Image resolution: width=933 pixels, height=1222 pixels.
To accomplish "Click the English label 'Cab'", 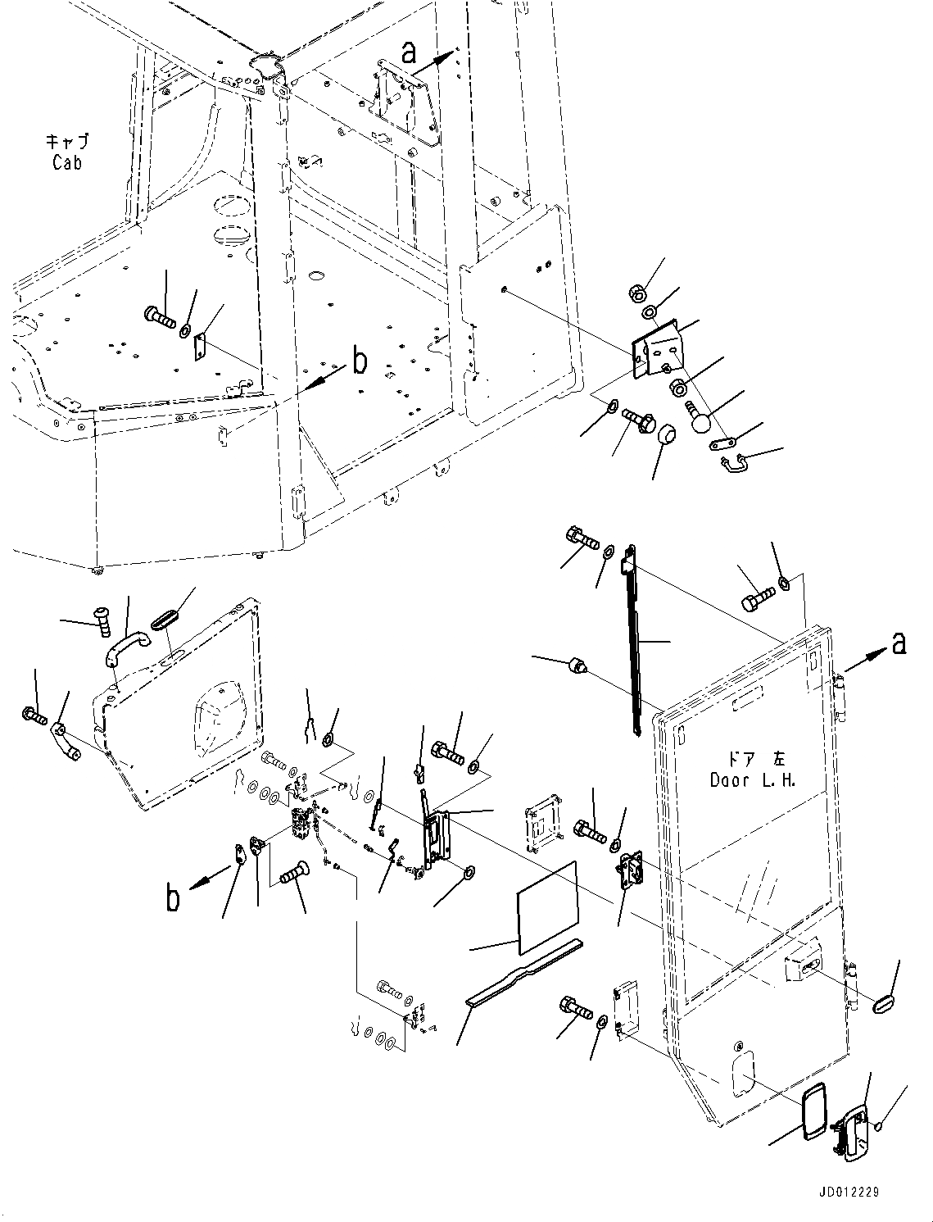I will [x=67, y=163].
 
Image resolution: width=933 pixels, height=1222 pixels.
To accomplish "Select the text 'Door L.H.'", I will [x=752, y=780].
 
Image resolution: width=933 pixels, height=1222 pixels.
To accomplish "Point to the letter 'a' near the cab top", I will [x=409, y=53].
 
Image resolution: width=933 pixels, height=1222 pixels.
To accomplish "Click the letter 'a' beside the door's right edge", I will [x=899, y=643].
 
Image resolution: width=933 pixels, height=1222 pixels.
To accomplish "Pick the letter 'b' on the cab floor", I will [x=360, y=361].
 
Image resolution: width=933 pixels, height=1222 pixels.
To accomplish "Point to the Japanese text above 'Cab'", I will [x=67, y=141].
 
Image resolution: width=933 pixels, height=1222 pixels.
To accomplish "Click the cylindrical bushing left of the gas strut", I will [x=577, y=666].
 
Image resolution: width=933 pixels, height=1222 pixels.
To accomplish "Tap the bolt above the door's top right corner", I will [x=758, y=600].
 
